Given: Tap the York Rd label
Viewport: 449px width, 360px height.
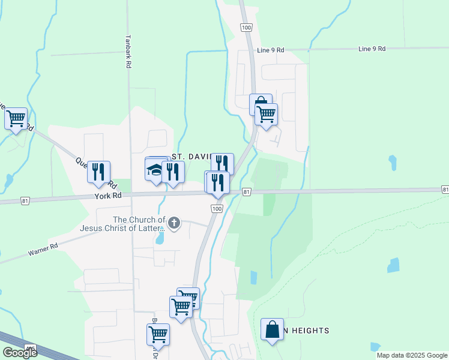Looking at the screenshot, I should point(108,196).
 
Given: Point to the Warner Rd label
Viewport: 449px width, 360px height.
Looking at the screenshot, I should point(43,250).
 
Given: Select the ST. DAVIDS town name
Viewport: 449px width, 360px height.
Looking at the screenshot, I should point(191,156).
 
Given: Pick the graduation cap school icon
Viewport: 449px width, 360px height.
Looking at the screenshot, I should point(155,171).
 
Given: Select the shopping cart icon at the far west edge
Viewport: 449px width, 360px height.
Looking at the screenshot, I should point(16,118).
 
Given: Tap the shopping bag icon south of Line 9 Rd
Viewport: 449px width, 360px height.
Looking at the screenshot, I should point(261,104).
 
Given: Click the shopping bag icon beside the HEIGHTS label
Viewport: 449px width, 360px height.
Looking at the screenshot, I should point(272,329).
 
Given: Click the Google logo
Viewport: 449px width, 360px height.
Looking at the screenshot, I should point(20,353).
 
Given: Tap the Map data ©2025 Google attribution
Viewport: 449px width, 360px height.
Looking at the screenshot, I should point(412,355).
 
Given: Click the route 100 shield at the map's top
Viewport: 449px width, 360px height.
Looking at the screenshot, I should point(246,28).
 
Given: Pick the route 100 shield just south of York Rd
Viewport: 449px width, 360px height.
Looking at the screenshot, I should point(217,208).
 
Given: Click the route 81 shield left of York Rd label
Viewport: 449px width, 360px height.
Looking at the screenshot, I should point(25,200).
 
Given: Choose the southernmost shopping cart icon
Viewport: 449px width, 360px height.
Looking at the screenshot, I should point(158,334).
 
